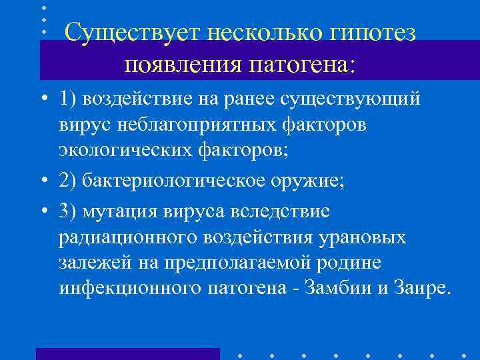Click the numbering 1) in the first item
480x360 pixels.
point(68,99)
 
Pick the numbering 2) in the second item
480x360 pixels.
point(69,182)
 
